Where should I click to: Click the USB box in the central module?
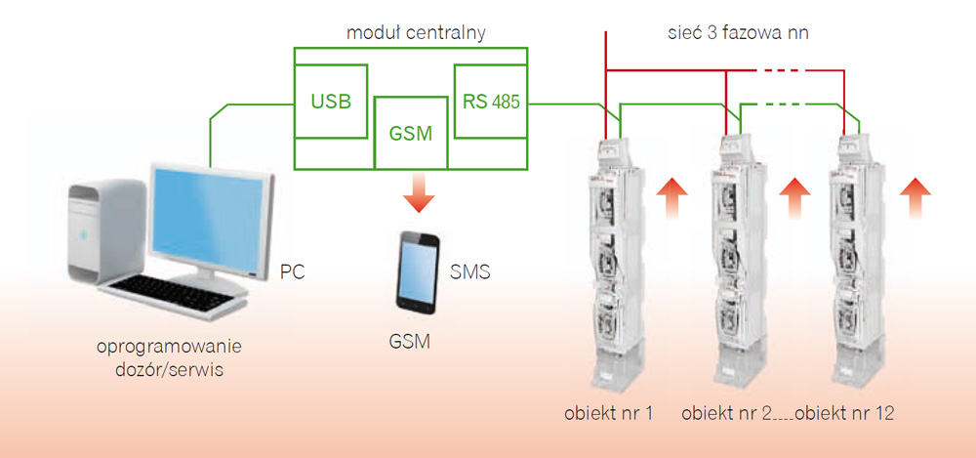(x=331, y=102)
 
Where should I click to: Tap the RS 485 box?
(x=490, y=102)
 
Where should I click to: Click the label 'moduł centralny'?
(x=416, y=33)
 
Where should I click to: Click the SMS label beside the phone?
(x=469, y=271)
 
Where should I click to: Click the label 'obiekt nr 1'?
(x=608, y=413)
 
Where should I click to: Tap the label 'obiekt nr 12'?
(x=845, y=413)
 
